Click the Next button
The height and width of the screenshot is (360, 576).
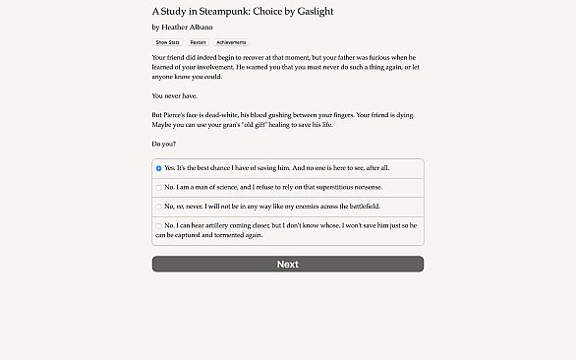coord(287,264)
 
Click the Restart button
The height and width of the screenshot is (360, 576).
coord(198,43)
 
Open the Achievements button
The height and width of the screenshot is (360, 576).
coord(231,43)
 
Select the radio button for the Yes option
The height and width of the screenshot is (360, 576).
coord(159,168)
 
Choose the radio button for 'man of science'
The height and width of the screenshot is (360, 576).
coord(159,187)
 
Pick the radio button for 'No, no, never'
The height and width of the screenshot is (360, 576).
coord(159,207)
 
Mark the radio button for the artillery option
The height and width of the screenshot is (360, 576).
coord(159,225)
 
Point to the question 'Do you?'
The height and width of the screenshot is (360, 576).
coord(163,144)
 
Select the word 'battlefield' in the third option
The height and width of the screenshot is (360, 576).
coord(359,207)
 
